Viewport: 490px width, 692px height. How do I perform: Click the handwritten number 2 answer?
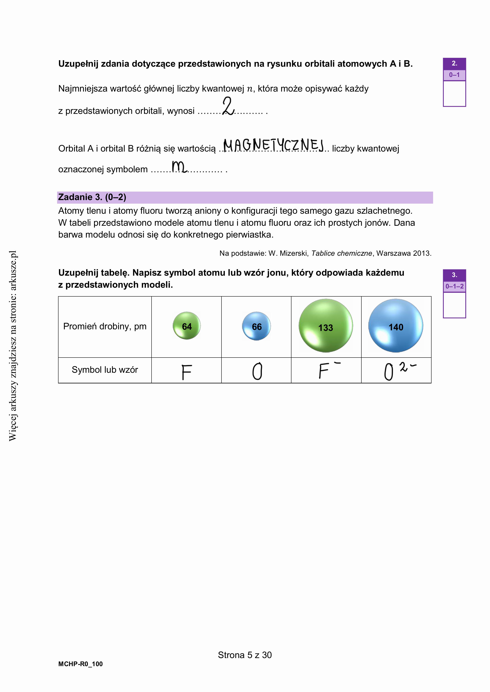(228, 106)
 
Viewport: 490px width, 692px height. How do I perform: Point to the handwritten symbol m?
(179, 167)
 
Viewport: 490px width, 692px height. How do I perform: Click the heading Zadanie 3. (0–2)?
(92, 197)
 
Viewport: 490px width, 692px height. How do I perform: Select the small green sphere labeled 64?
(187, 326)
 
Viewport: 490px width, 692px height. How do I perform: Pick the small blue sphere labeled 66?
(256, 326)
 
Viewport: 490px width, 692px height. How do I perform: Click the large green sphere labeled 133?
(326, 326)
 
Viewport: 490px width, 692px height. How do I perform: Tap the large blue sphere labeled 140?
(396, 326)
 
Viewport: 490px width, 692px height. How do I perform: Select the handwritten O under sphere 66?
(257, 371)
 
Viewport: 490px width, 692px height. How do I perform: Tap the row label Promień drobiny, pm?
(105, 326)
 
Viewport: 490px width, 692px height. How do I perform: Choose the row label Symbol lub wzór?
(105, 370)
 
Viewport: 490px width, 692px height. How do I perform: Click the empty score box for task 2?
(454, 94)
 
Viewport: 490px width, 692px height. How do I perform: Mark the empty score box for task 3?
(454, 305)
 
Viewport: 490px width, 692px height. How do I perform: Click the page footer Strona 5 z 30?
(245, 655)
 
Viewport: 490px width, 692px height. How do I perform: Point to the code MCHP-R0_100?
(81, 664)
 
